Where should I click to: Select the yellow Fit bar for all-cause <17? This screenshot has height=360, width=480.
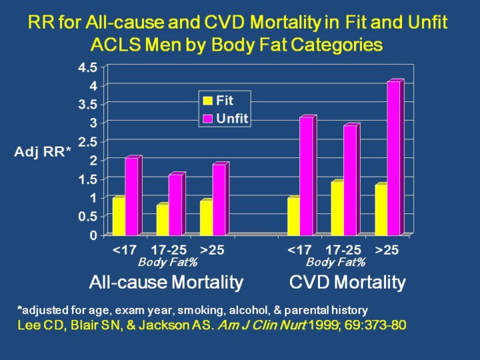pyautogui.click(x=119, y=216)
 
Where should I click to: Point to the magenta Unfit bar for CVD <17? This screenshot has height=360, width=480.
pyautogui.click(x=307, y=176)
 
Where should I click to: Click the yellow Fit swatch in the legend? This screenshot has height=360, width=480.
pyautogui.click(x=208, y=101)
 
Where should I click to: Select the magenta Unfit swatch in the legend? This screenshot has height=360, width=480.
pyautogui.click(x=208, y=118)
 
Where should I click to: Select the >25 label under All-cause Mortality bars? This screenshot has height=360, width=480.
pyautogui.click(x=212, y=251)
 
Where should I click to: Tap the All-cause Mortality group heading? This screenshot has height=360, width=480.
pyautogui.click(x=166, y=283)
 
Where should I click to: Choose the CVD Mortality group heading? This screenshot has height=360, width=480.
pyautogui.click(x=347, y=283)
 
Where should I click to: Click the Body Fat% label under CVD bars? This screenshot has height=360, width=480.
pyautogui.click(x=336, y=262)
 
